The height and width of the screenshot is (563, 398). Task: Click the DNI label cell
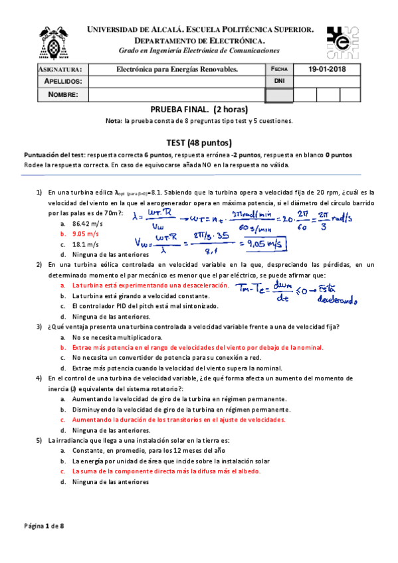(x=279, y=82)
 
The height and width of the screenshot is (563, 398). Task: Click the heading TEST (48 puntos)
(x=199, y=142)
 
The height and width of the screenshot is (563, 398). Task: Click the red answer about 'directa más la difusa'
(x=166, y=471)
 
